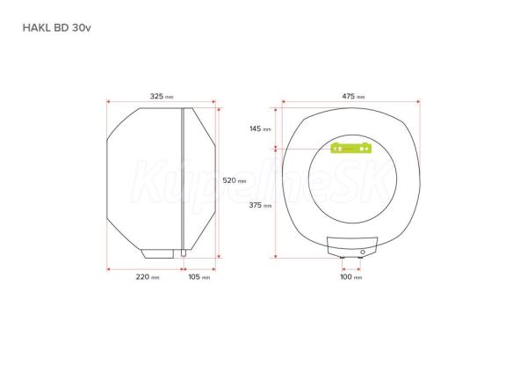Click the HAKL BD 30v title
[x=56, y=27]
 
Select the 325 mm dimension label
[x=162, y=96]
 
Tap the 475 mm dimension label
[x=353, y=96]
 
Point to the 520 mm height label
[x=235, y=180]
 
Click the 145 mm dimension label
[x=260, y=128]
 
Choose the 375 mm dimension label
[x=260, y=205]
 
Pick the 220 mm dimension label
[x=148, y=277]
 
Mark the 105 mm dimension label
[x=199, y=277]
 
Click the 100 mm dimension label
[x=351, y=277]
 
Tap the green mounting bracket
[x=351, y=148]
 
